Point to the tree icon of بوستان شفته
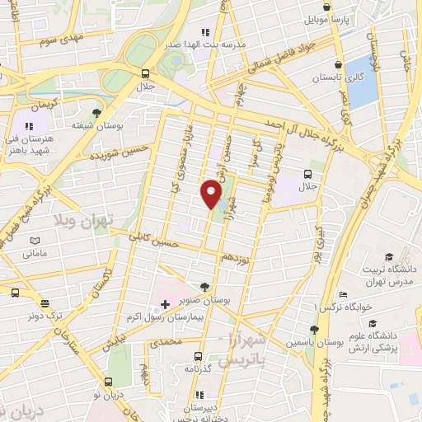pos(97,112)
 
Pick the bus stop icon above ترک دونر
pos(15,293)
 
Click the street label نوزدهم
pos(239,256)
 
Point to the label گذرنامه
pos(197,368)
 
